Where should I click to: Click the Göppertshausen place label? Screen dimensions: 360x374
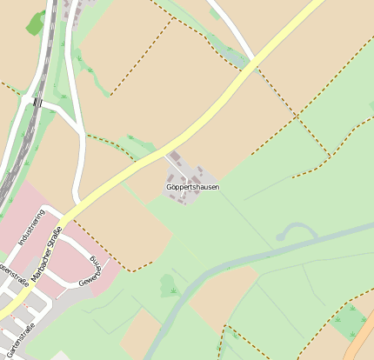[192, 187]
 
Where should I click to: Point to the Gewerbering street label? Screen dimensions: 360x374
[91, 272]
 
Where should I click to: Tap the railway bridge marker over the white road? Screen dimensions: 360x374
[37, 103]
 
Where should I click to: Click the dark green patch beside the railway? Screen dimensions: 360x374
[36, 23]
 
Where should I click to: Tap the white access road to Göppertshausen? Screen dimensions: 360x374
[167, 157]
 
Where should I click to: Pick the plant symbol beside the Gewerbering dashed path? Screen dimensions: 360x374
[171, 288]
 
